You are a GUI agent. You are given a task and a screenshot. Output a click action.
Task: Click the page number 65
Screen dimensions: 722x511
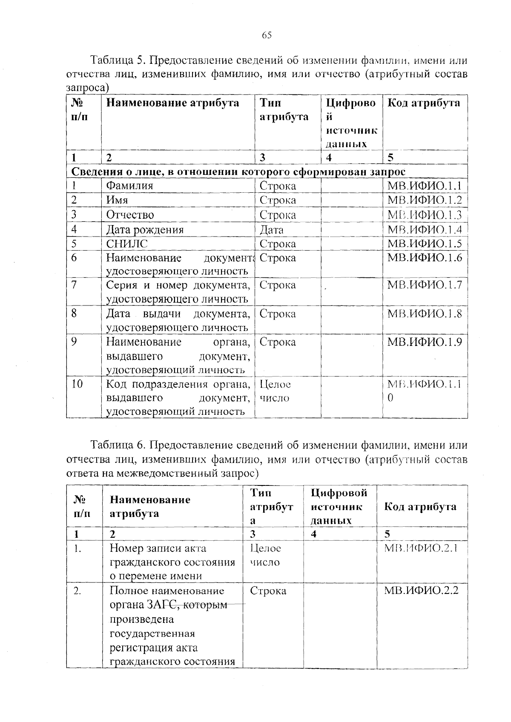coord(267,35)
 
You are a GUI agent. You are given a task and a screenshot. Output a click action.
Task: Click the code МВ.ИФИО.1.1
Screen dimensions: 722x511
coord(425,185)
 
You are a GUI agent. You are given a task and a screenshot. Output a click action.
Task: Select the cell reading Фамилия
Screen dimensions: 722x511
coord(129,185)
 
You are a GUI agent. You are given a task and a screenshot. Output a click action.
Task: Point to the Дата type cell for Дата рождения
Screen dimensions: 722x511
coord(272,230)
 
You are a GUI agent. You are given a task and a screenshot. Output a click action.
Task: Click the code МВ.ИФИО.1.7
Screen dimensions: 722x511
coord(425,285)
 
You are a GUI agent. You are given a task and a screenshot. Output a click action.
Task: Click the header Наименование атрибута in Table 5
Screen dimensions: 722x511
coord(172,103)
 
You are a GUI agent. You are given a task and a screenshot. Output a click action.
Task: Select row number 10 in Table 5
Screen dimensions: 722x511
coord(77,384)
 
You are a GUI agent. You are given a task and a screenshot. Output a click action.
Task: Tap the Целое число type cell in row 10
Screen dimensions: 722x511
coord(275,391)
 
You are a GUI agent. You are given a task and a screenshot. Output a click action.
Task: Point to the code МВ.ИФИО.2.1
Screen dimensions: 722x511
coord(421,548)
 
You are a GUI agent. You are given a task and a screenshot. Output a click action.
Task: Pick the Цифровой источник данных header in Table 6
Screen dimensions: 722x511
coord(339,506)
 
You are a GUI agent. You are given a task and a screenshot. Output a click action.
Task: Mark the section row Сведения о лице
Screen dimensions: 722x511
coord(238,171)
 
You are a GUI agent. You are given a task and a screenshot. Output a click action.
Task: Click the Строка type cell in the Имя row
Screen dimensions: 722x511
coord(278,200)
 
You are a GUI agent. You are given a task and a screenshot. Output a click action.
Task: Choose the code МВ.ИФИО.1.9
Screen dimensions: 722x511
coord(425,342)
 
